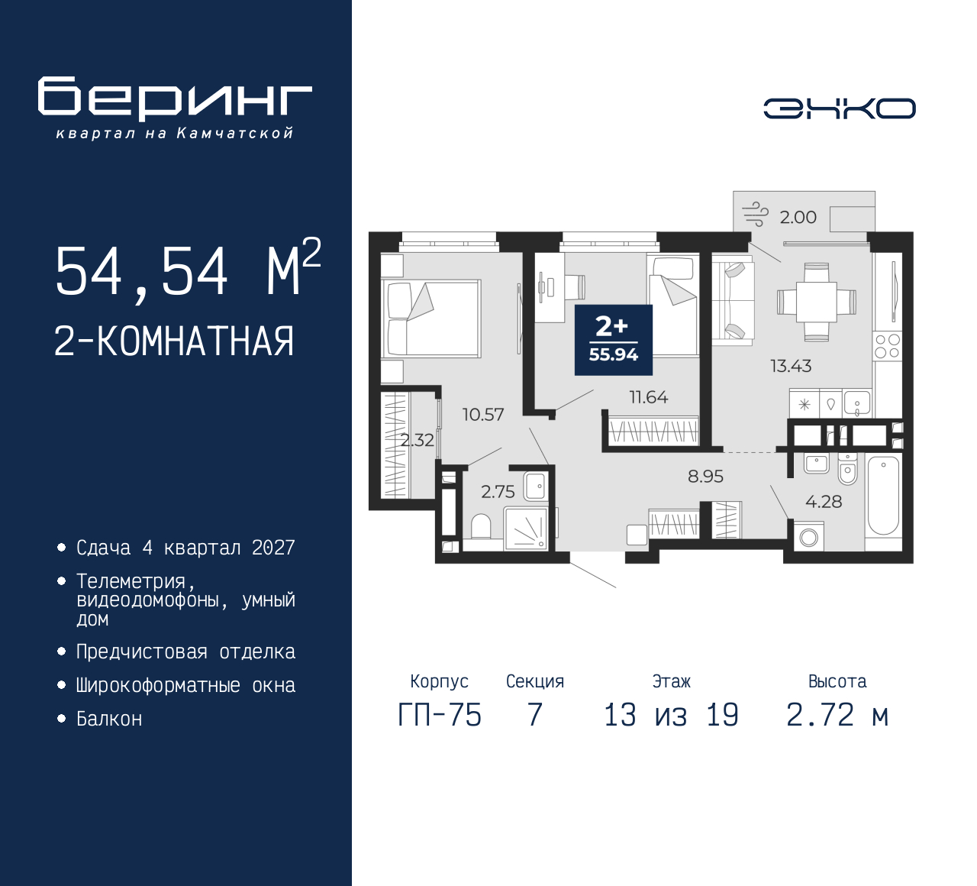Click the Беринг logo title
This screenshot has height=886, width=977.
coord(175,98)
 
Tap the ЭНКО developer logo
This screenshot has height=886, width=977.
coord(839,108)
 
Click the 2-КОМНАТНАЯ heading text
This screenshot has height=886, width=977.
coord(174,341)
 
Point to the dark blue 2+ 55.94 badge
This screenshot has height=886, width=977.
coord(613,340)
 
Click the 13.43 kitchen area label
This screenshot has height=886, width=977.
coord(790,366)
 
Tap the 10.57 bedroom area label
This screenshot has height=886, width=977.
coord(482,415)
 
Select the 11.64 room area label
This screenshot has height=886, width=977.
coord(648,397)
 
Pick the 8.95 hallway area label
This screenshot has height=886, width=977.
coord(705,477)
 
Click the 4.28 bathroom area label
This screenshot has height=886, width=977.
coord(824,502)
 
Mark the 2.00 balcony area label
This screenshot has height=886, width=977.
coord(798,218)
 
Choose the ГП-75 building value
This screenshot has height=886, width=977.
coord(440,716)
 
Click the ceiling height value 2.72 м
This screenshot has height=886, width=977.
coord(837,716)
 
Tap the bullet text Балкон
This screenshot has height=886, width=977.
coord(109,719)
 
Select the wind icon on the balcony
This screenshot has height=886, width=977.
coord(755,215)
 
